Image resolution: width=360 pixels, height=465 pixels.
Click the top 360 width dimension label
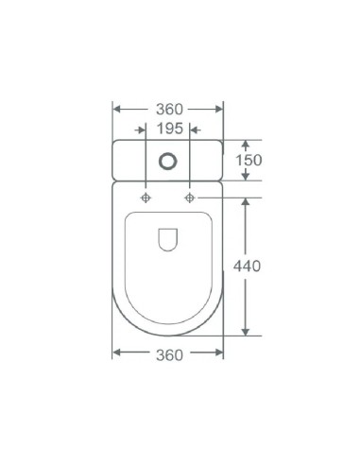(x=169, y=110)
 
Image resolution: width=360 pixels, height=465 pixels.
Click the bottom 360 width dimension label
(x=169, y=355)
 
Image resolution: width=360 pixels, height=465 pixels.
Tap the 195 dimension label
(x=170, y=129)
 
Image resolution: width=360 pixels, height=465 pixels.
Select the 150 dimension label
(x=249, y=160)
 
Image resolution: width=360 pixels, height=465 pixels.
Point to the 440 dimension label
(x=247, y=267)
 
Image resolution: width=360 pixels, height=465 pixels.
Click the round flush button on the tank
(x=168, y=162)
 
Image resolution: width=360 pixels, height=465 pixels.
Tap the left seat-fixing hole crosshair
(x=146, y=198)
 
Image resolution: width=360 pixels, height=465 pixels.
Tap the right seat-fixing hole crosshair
(x=189, y=198)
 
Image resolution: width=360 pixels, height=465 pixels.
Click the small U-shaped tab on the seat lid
(x=167, y=239)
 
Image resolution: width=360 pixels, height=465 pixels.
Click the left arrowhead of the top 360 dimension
(x=117, y=110)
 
